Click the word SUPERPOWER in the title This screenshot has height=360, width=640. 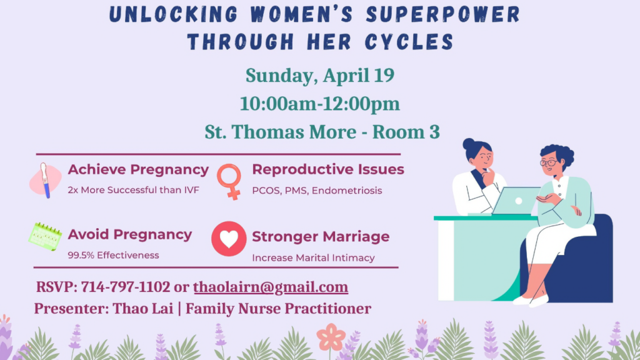pos(443,14)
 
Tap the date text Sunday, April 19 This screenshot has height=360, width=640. pos(320,76)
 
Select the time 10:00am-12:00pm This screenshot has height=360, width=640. pos(319,104)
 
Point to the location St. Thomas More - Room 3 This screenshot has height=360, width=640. pos(322,132)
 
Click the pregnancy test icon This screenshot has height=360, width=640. pos(45,181)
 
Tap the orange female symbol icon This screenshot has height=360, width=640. pos(229,181)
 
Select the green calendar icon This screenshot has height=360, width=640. pos(45,236)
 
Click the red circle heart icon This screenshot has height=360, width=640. pos(229,239)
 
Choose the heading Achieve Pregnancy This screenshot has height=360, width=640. pos(138,170)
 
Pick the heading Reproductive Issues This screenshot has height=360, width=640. pos(328,169)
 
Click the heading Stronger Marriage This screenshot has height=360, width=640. pos(321,237)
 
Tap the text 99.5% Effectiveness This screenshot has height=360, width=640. pos(114,256)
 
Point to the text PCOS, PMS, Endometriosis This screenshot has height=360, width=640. pos(317,191)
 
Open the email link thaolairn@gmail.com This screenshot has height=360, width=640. pos(271,287)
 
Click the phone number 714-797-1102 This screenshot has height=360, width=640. pos(125,287)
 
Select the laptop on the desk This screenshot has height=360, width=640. pos(516,201)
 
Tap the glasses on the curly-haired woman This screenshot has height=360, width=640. pos(549,163)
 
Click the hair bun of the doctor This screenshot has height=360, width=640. pos(469,144)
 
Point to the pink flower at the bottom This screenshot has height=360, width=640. pos(331,337)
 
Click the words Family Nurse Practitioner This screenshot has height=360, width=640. pos(278,309)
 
